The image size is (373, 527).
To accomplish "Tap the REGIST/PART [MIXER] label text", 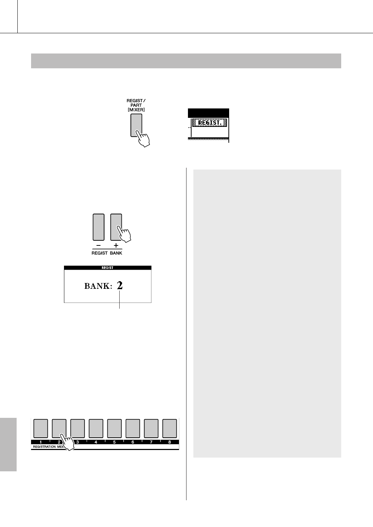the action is (x=136, y=104).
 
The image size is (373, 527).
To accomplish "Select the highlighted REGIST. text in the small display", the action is (x=210, y=123).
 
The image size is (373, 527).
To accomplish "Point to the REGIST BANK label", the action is (x=107, y=253).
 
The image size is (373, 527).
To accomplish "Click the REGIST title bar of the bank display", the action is (x=108, y=268).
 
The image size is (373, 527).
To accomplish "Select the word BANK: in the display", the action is (x=98, y=286).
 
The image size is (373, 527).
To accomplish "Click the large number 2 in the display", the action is (x=120, y=286).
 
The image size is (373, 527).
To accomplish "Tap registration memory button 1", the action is (x=40, y=428).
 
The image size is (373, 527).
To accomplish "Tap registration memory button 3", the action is (x=77, y=428).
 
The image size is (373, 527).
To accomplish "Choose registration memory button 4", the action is (x=96, y=428).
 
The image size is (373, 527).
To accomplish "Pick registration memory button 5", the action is (x=114, y=428).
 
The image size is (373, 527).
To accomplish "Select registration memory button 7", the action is (x=151, y=428).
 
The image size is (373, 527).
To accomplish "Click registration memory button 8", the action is (x=170, y=428).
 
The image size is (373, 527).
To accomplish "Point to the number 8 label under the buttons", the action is (x=170, y=442).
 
